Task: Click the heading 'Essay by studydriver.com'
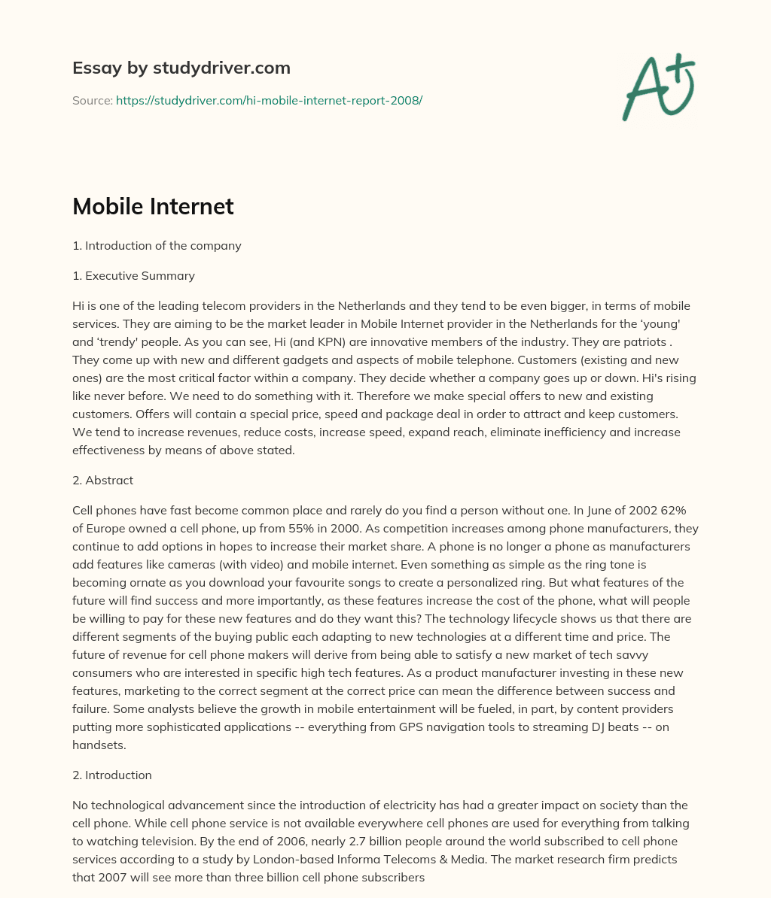(x=181, y=68)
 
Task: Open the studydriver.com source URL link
(x=269, y=100)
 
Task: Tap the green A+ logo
(x=658, y=87)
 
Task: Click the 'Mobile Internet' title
(x=153, y=207)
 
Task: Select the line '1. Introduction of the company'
(x=157, y=246)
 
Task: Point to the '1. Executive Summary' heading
(x=133, y=276)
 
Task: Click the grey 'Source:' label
(x=92, y=100)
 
